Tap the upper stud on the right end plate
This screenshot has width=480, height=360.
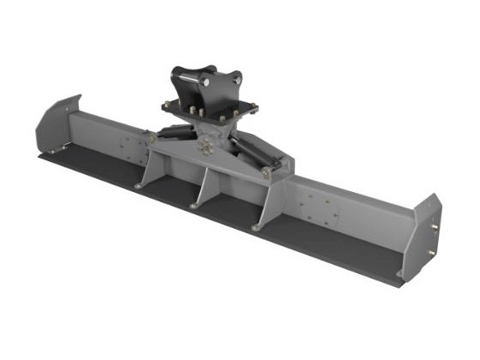click(x=435, y=227)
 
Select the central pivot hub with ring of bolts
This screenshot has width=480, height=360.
click(x=205, y=147)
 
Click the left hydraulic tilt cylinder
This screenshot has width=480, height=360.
click(x=176, y=132)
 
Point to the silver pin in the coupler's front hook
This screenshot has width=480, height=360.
click(x=205, y=82)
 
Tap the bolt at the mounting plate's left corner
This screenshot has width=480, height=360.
click(x=166, y=105)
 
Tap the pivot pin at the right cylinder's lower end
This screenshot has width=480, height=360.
click(x=266, y=172)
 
